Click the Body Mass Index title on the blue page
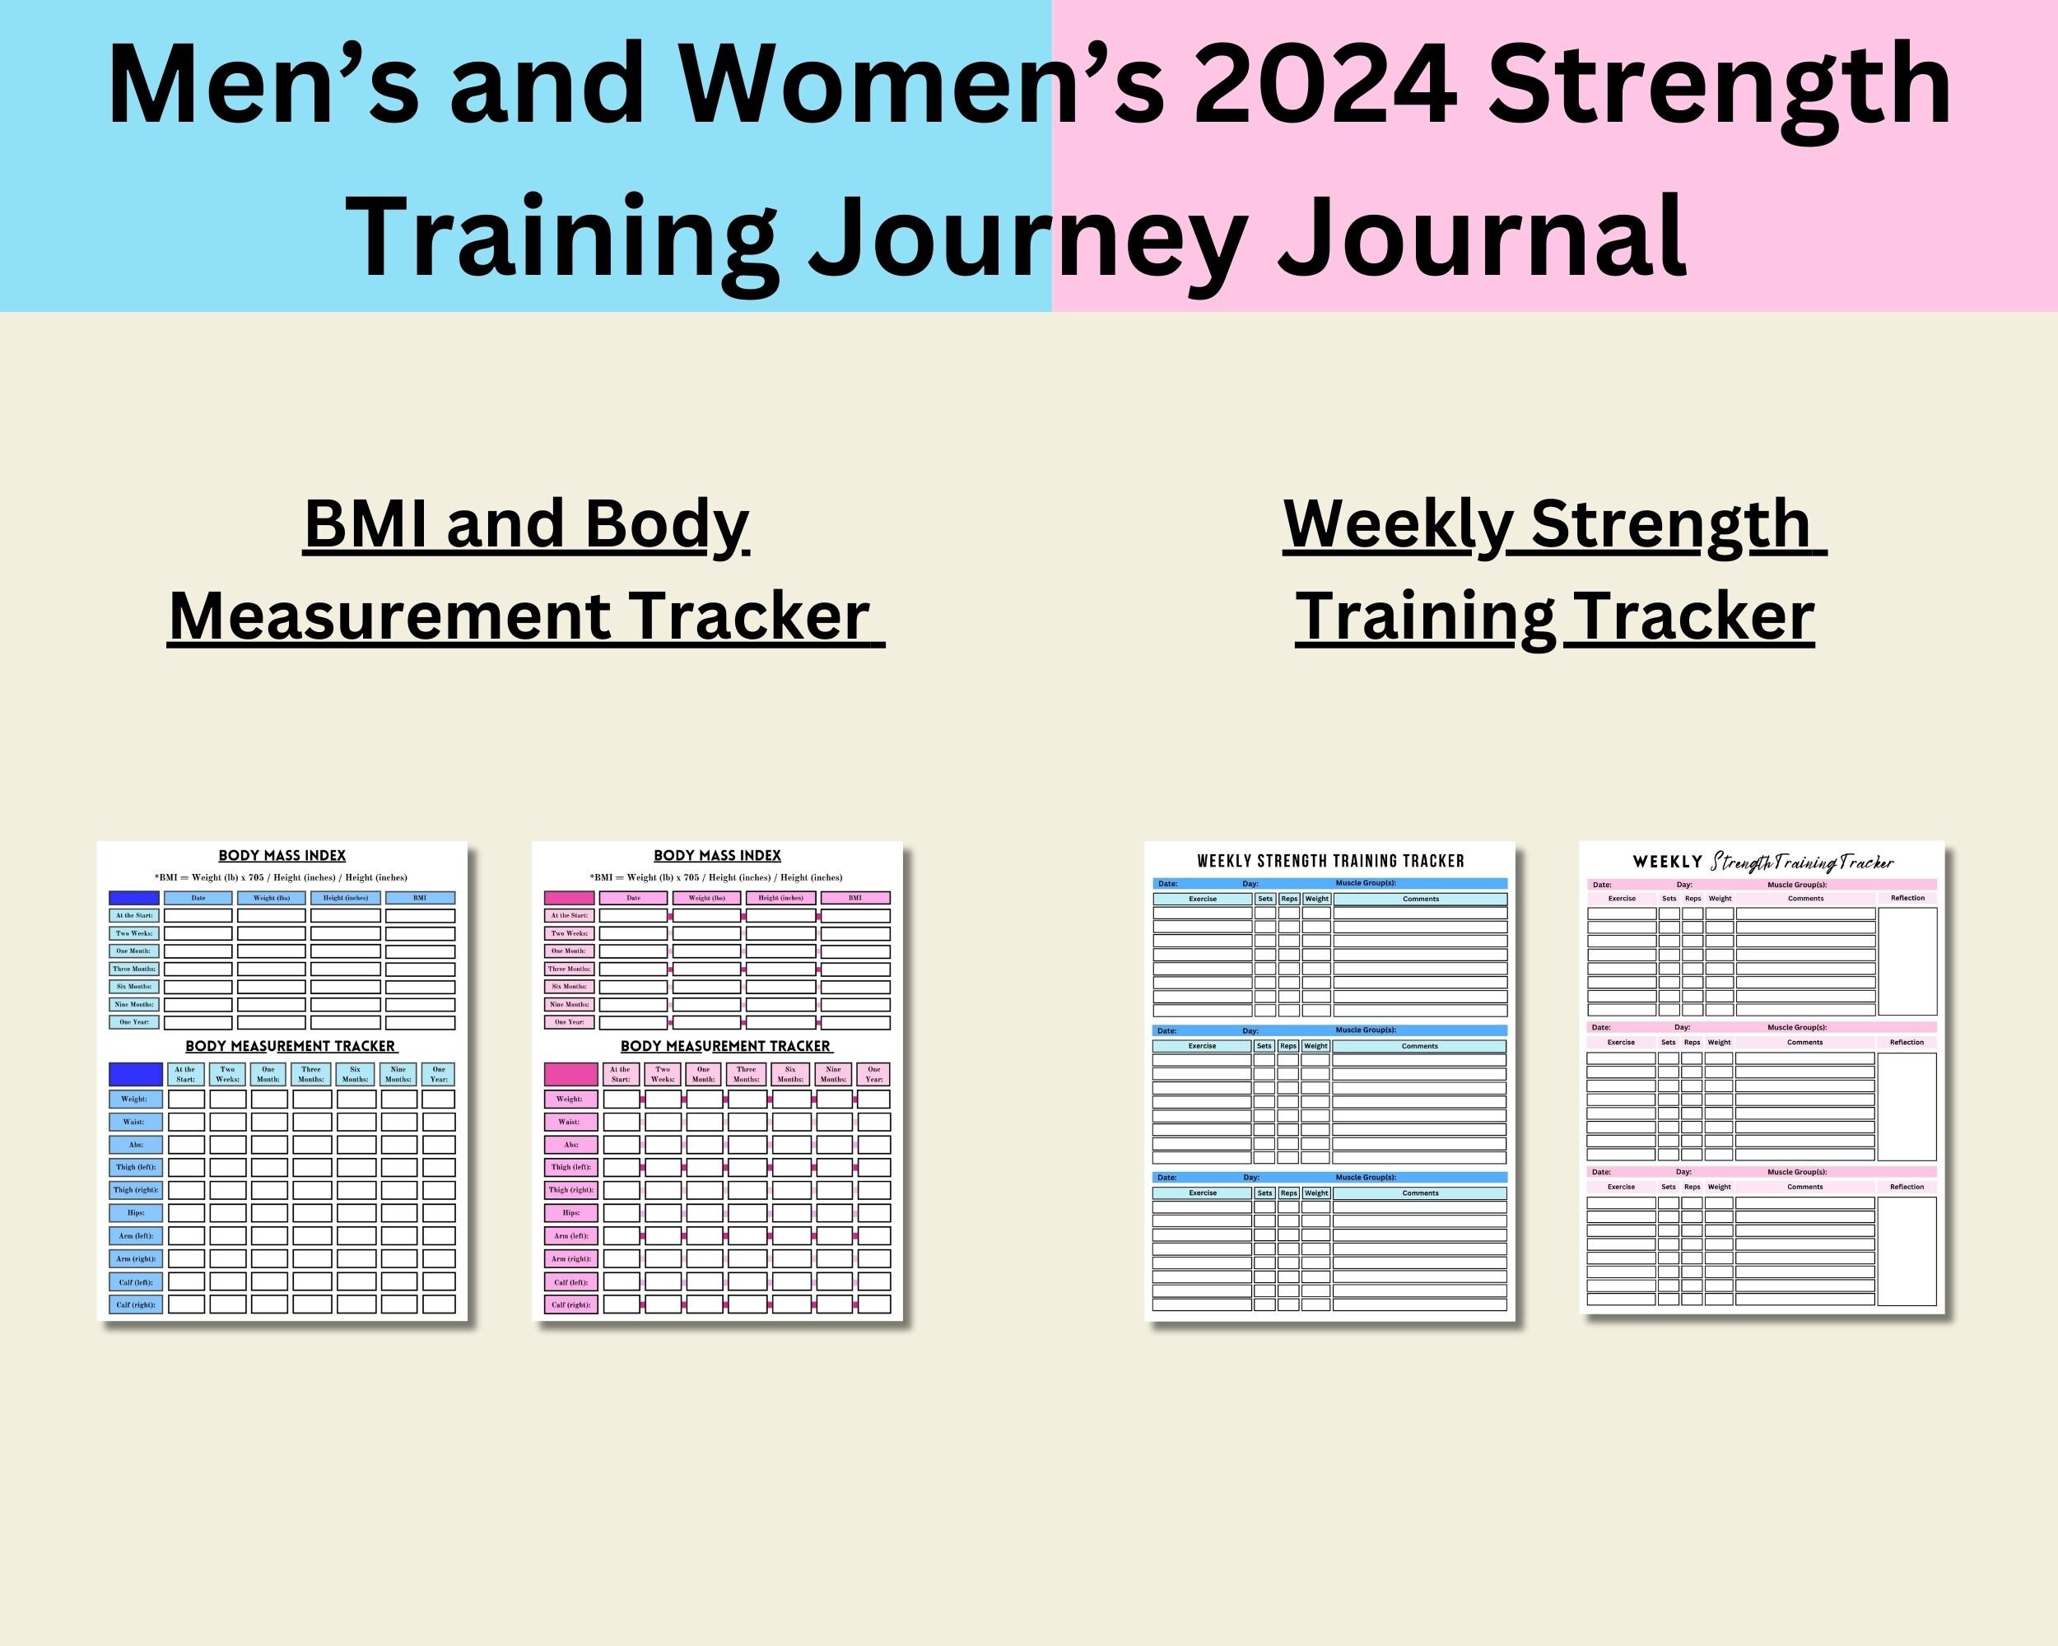(282, 855)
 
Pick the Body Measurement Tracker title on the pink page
(725, 1046)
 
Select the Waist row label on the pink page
(570, 1121)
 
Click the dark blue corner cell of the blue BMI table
(133, 898)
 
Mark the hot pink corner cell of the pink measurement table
(570, 1073)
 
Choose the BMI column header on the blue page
(420, 898)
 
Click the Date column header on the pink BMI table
(633, 898)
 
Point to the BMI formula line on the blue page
(282, 877)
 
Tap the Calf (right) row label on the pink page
(570, 1304)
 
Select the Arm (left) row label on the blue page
(136, 1235)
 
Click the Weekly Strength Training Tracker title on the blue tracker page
(1329, 861)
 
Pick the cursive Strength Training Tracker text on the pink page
(1801, 862)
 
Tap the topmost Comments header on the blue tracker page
(1420, 899)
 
